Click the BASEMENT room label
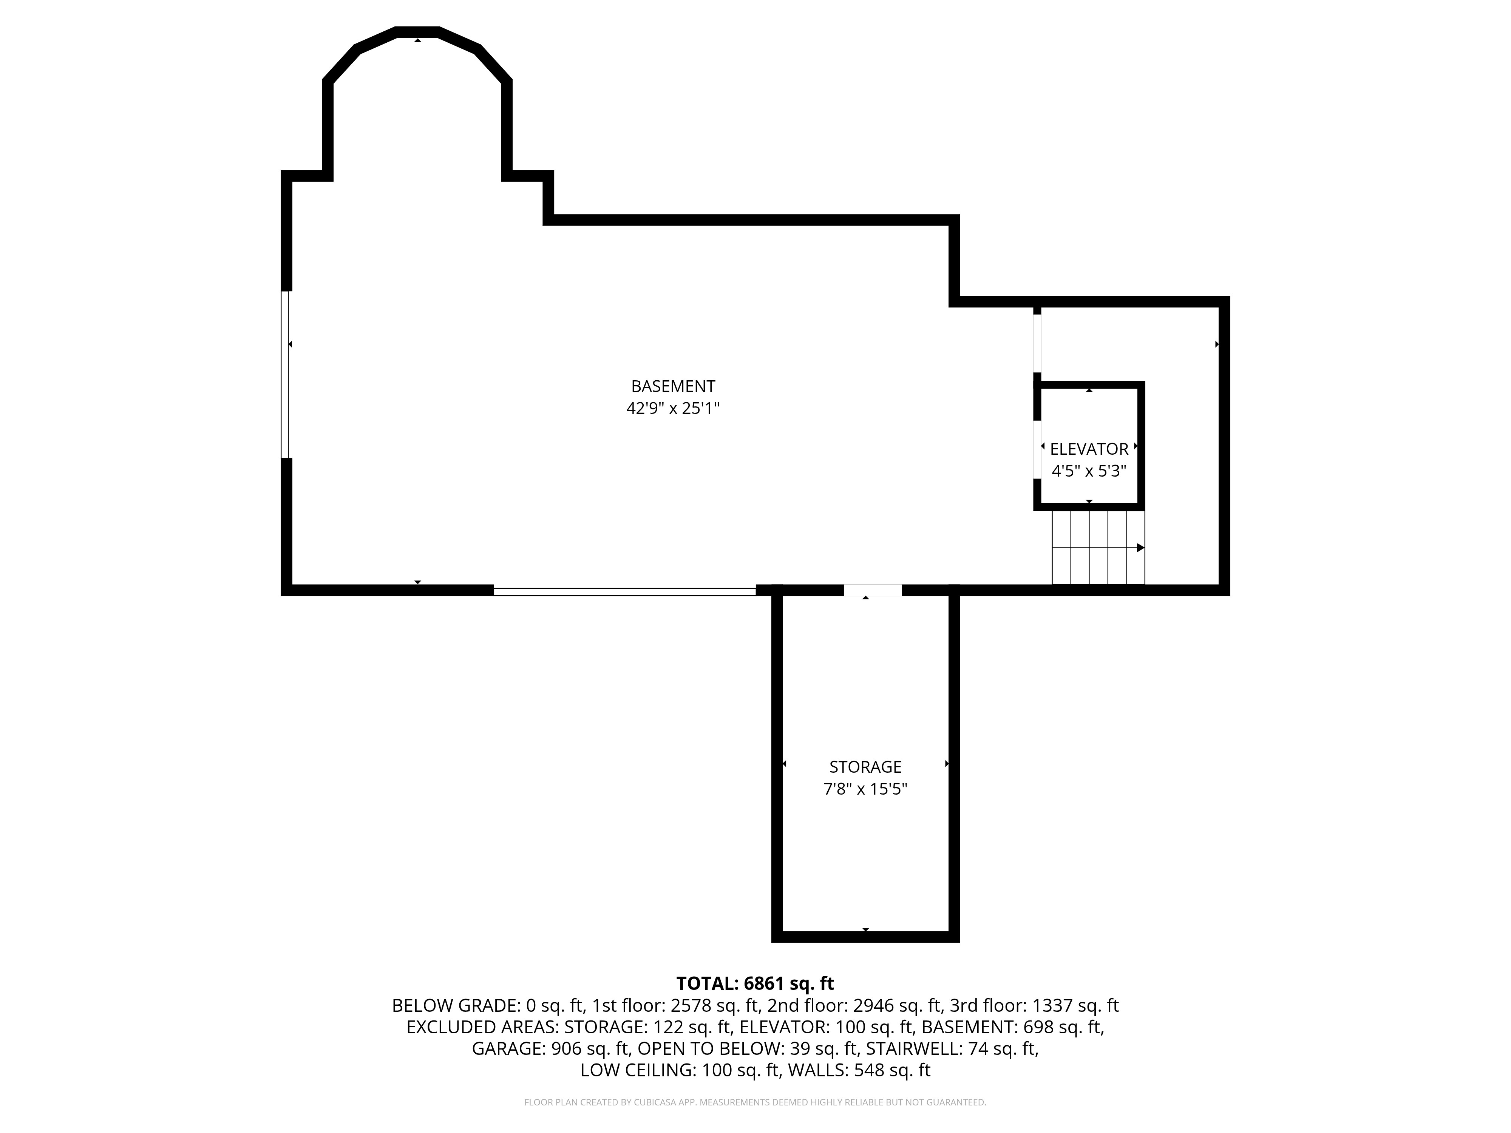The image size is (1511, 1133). coord(673,387)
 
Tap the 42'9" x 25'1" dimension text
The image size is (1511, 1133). coord(673,408)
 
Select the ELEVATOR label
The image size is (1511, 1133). coord(1089,449)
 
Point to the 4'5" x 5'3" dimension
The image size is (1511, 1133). coord(1089,471)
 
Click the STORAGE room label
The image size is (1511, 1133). coord(865,767)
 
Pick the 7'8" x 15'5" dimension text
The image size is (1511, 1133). coord(865,789)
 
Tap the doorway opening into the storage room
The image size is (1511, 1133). coord(872,590)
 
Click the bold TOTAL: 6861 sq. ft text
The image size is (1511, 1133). coord(755,983)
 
